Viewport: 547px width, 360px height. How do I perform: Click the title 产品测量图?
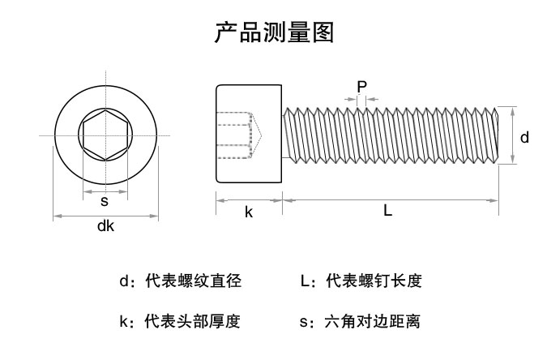(273, 32)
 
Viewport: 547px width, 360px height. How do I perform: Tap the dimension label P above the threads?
(361, 86)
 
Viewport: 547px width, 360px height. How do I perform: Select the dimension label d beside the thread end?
(524, 138)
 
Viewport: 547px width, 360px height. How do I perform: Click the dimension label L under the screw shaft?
(388, 211)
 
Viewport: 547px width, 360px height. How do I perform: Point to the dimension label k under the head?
(249, 212)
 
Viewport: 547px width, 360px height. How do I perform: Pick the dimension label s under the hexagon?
(105, 201)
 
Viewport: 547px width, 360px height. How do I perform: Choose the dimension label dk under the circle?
(105, 227)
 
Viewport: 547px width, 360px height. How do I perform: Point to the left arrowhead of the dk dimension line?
(56, 216)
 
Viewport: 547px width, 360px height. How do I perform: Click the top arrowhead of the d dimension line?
(514, 109)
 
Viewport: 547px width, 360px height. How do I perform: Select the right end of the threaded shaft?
(490, 135)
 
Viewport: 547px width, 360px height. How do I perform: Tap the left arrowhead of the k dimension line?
(219, 197)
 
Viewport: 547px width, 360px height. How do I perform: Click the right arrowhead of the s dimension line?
(125, 192)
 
